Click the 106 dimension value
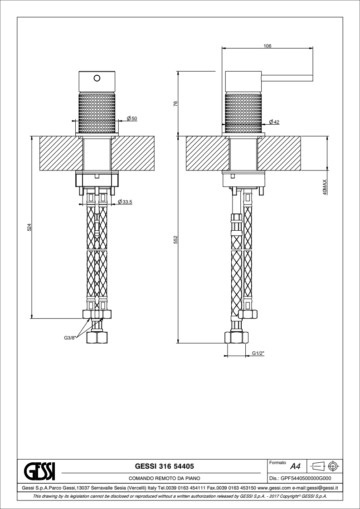[267, 46]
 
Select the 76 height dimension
[175, 104]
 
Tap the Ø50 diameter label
[132, 118]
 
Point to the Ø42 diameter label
[274, 122]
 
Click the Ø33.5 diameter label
[125, 202]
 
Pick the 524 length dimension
[29, 227]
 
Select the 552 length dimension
[175, 240]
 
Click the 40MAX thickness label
[325, 187]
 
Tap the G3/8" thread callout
[70, 338]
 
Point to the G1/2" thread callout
[258, 354]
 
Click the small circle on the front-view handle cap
[97, 78]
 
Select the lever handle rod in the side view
[287, 78]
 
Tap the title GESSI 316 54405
[164, 466]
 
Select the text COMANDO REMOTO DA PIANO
[164, 478]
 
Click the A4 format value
[295, 467]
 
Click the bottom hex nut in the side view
[237, 338]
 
